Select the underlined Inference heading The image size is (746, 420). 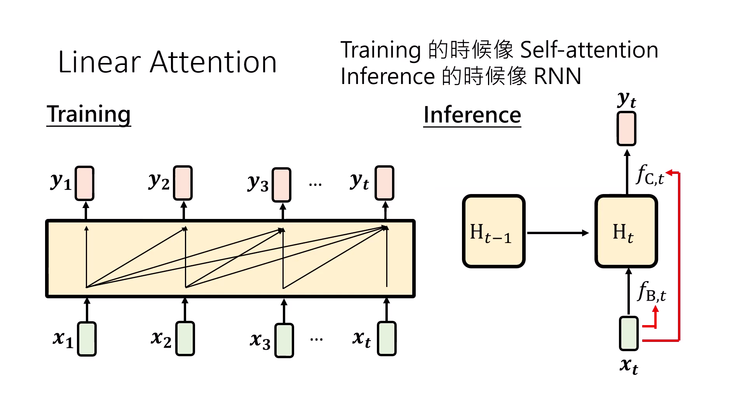472,115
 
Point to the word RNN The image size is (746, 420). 558,76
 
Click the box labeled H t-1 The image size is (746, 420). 493,231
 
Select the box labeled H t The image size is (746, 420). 626,231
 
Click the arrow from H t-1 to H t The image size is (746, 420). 558,233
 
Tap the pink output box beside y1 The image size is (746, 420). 84,183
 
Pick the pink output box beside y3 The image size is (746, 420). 281,185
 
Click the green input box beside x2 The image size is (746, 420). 185,338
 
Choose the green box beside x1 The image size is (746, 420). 87,339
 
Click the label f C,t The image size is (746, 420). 649,175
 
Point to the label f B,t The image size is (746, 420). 652,292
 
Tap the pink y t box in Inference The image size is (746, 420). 626,129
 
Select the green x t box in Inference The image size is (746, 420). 628,334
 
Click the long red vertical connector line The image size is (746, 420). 679,257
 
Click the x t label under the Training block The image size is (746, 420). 361,339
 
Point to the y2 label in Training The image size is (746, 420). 159,181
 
